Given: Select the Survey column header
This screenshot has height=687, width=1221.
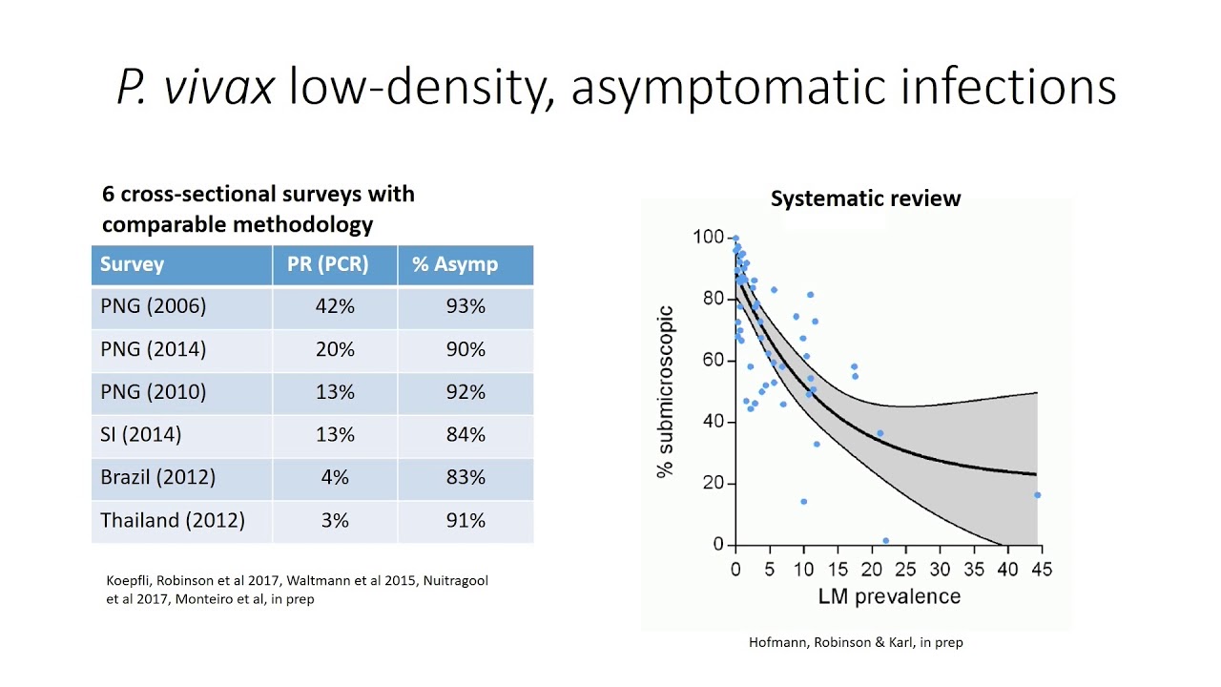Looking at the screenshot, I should click(x=132, y=264).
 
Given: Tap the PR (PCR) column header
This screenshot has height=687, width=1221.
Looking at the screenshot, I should click(x=327, y=264).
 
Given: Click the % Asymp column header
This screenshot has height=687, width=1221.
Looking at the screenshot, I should click(x=454, y=264).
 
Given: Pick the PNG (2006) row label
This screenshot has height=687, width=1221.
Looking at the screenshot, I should click(x=153, y=306).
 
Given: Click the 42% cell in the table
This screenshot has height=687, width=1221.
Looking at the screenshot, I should click(x=335, y=306).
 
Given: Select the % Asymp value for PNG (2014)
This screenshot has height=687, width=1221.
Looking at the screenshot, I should click(x=466, y=349).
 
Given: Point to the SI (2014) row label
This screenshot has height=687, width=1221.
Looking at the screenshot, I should click(x=140, y=434).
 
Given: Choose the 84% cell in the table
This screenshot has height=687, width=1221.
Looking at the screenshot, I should click(x=466, y=434).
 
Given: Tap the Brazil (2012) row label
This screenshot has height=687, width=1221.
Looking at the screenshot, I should click(x=157, y=477).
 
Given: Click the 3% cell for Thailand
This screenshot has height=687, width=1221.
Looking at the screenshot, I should click(x=335, y=520).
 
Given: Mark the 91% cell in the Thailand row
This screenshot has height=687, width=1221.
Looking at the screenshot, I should click(x=466, y=520).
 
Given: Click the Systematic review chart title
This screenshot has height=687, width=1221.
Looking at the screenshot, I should click(x=865, y=198).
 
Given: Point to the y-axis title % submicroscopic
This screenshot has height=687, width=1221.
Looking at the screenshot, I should click(x=667, y=391).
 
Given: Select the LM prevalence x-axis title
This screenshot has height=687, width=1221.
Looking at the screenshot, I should click(x=887, y=596).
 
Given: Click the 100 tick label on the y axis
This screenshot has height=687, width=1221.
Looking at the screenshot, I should click(x=709, y=237).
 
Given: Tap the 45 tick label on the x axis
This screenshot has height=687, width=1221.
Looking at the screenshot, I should click(x=1041, y=570).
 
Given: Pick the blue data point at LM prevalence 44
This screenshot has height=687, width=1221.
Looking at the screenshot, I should click(x=1037, y=495).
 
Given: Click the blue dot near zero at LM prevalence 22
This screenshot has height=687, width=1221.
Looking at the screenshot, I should click(x=886, y=541).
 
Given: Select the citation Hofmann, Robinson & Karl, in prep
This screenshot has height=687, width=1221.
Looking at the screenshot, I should click(x=856, y=642).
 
